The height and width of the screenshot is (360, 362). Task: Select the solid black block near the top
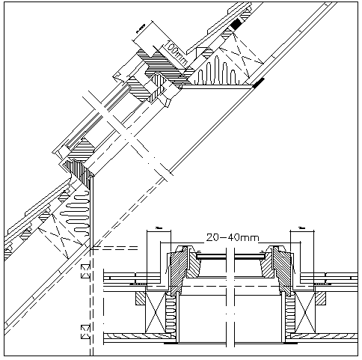(x=236, y=25)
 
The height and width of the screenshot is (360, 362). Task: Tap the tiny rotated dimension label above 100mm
(x=140, y=30)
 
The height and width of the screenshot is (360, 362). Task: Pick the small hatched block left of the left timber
(x=139, y=297)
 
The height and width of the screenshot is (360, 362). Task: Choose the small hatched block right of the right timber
(x=322, y=297)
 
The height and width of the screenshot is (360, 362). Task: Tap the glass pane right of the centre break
(x=247, y=256)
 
